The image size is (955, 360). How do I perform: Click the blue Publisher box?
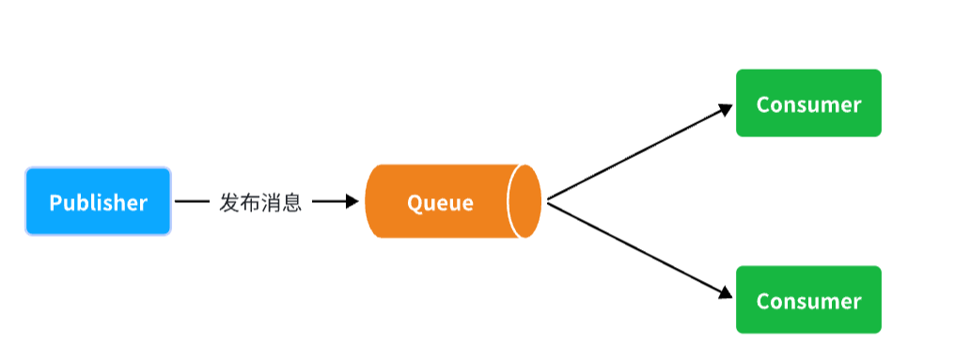coord(98,201)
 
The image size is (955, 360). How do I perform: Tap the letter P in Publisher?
coord(55,202)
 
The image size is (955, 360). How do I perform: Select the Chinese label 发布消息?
coord(260,202)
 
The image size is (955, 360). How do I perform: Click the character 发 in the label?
coord(229,202)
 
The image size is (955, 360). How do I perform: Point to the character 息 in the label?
coord(291,202)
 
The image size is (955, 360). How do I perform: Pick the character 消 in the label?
coord(271,202)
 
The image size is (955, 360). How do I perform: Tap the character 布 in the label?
coord(250,202)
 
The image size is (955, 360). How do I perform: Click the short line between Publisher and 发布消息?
coord(193,201)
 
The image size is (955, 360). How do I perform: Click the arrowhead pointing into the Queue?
coord(352,201)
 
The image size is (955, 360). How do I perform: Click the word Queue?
coord(440,202)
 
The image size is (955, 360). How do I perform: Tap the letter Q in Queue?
coord(415,202)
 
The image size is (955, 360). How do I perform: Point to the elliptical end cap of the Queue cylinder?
coord(524,201)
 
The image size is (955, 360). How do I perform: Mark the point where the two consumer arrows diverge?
coord(548,201)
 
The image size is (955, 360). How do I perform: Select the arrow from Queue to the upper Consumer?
coord(639,153)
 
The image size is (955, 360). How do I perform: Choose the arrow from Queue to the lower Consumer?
coord(639,249)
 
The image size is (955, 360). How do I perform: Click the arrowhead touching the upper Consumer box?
coord(725,109)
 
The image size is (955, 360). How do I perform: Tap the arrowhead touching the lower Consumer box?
coord(725,293)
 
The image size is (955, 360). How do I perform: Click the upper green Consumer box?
coord(808,103)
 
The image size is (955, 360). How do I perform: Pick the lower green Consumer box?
coord(808,300)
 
